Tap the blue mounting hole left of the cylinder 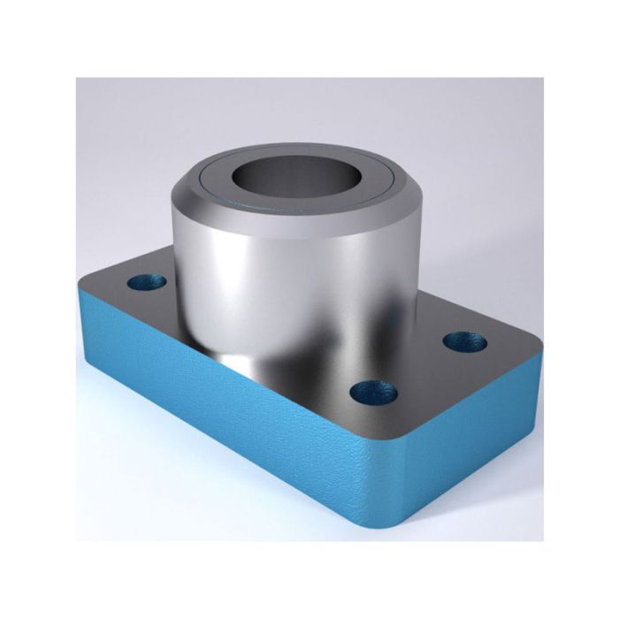tap(147, 283)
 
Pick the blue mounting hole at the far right tap(462, 340)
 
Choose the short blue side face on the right tap(478, 451)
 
